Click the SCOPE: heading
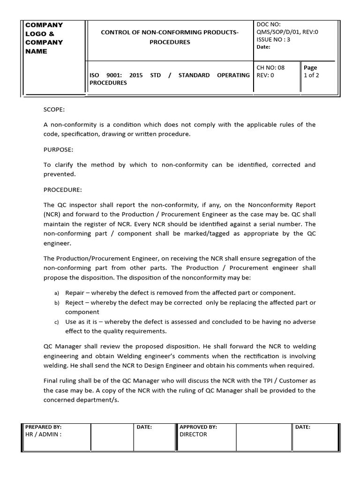54,110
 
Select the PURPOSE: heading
58,150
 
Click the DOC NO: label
269,23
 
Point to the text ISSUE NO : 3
273,39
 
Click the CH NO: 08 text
270,67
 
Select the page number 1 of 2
312,75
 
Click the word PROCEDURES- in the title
170,42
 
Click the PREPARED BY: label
44,427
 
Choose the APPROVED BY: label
198,427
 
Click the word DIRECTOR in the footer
194,434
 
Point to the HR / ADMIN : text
44,434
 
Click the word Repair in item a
75,292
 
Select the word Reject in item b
74,302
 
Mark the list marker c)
56,322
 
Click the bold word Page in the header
310,67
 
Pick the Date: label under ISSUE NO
264,47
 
